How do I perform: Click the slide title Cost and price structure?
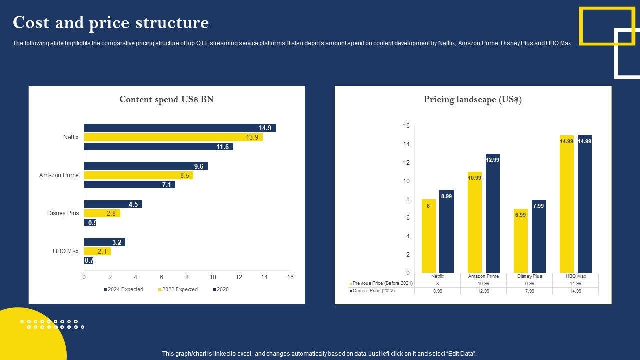click(x=111, y=23)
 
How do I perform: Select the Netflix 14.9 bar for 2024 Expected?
click(x=180, y=128)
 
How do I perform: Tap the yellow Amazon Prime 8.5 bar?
click(x=138, y=175)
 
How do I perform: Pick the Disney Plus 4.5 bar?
click(x=113, y=204)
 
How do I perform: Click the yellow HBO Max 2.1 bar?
click(x=97, y=251)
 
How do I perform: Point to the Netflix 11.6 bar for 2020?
click(x=158, y=147)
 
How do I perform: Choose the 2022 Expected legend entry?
click(x=178, y=290)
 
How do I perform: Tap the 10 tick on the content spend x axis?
click(x=213, y=277)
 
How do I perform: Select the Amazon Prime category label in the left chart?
click(x=59, y=175)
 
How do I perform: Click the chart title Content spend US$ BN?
click(x=166, y=99)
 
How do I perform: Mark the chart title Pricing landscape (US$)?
click(x=473, y=99)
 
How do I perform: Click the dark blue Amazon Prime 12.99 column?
click(x=492, y=213)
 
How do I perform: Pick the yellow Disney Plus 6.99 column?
click(x=520, y=241)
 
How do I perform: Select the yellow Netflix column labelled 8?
click(x=428, y=236)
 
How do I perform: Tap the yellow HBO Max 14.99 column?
click(x=566, y=204)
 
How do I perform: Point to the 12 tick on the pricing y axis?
click(x=406, y=163)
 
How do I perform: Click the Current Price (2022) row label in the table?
click(x=381, y=291)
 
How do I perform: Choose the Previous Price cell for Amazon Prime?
click(x=483, y=283)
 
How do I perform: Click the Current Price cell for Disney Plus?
click(x=529, y=291)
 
